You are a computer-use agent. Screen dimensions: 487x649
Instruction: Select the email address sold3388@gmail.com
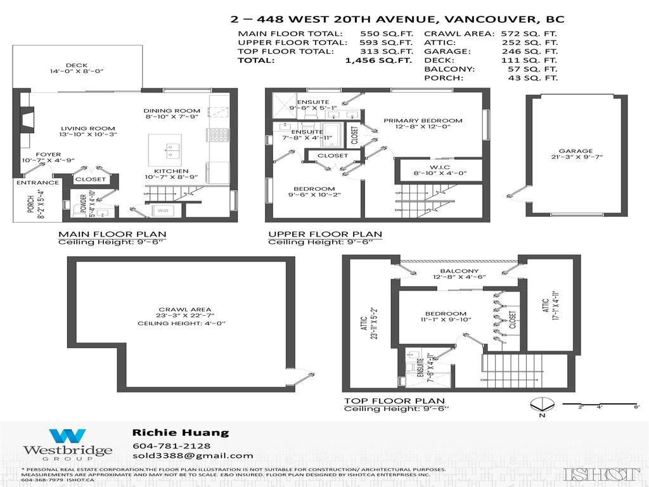click(x=193, y=455)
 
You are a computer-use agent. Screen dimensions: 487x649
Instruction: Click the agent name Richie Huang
click(x=180, y=432)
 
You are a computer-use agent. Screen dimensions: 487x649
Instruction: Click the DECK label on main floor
click(x=76, y=65)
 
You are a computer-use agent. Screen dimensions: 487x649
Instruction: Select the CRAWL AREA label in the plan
click(x=181, y=309)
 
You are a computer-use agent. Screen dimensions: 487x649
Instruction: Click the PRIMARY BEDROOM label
click(x=423, y=120)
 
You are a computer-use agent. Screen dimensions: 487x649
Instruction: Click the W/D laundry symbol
click(x=163, y=211)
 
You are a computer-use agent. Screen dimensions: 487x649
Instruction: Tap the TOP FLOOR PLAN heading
click(x=387, y=401)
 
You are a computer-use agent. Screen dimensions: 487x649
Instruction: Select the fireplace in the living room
click(x=25, y=119)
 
